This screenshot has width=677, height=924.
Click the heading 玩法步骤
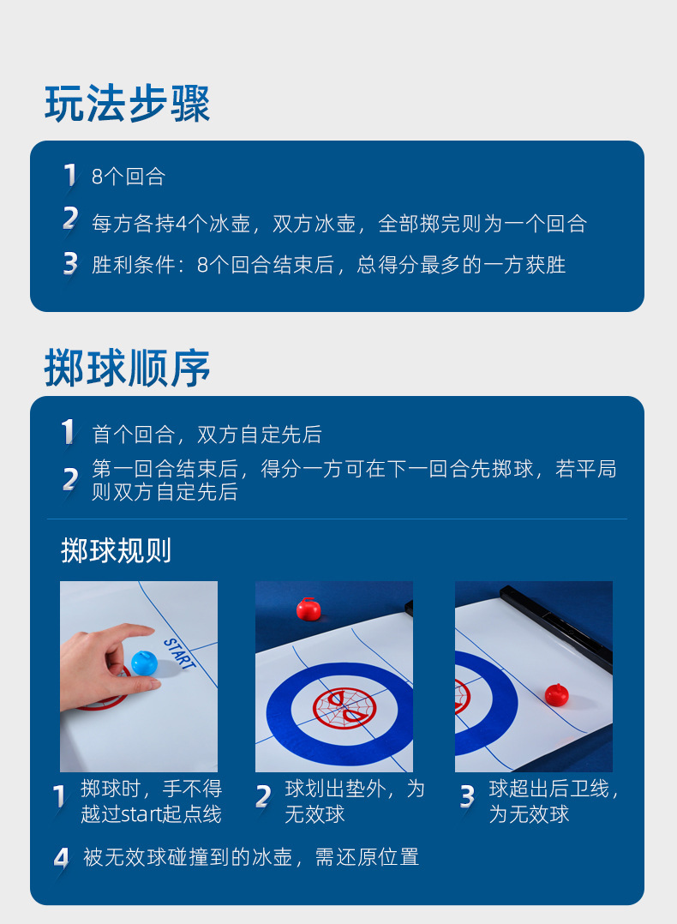(x=128, y=105)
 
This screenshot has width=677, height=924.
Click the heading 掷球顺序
(x=128, y=369)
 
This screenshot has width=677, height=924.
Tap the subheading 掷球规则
(x=116, y=550)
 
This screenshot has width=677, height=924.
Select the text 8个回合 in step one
(x=129, y=177)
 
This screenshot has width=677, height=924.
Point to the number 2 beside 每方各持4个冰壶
(x=70, y=220)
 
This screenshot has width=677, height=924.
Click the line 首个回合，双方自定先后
(x=207, y=435)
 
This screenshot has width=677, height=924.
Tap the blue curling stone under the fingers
(x=143, y=663)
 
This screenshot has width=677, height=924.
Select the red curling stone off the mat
(x=308, y=609)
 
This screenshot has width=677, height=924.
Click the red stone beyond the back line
(x=557, y=695)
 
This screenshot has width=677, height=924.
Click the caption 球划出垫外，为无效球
(x=354, y=801)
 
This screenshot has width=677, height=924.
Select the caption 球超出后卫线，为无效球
(x=554, y=801)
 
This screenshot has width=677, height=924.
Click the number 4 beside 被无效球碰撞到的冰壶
(x=61, y=858)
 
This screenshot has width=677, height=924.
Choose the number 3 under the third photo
(x=467, y=798)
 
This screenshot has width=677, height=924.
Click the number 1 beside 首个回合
(x=69, y=433)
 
